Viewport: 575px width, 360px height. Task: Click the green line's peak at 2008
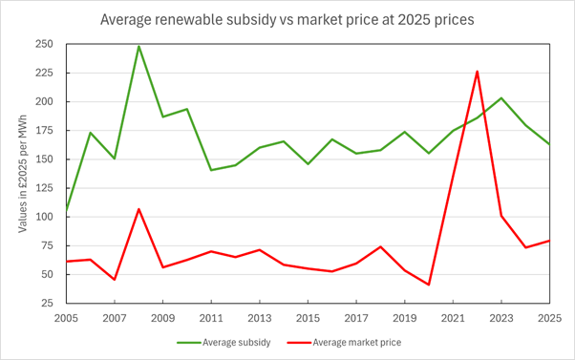(138, 46)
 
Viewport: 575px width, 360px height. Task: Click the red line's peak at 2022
(477, 71)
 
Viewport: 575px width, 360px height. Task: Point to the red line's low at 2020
(429, 285)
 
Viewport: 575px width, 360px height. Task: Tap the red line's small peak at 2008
(138, 209)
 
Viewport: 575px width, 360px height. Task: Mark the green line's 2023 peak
(501, 98)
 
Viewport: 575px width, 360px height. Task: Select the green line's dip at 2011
(211, 170)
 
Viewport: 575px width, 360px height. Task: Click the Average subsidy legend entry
(224, 343)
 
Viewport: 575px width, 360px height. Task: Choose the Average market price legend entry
(344, 343)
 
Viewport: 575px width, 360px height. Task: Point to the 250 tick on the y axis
(44, 44)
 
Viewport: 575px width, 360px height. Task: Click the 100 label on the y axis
(44, 217)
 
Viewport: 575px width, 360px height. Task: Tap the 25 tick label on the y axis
(48, 303)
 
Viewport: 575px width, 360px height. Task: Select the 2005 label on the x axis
(66, 318)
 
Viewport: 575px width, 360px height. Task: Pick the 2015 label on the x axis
(308, 318)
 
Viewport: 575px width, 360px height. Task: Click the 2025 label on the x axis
(550, 318)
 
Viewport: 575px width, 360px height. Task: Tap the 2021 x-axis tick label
(453, 318)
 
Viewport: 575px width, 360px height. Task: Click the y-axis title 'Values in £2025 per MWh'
(23, 174)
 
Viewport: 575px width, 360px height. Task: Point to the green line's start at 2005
(66, 211)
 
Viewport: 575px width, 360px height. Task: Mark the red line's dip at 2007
(115, 280)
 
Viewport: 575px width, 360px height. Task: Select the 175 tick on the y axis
(44, 131)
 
